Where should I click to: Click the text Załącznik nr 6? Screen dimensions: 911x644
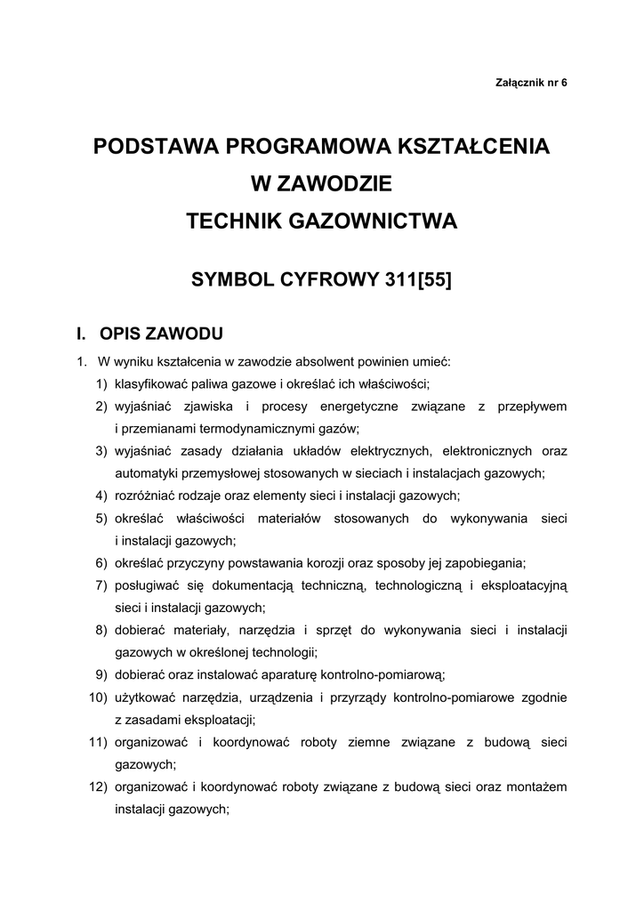[530, 83]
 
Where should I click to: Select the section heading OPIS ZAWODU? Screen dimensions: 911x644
[161, 335]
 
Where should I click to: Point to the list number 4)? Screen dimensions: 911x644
[101, 496]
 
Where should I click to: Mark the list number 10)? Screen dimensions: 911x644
[98, 697]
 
